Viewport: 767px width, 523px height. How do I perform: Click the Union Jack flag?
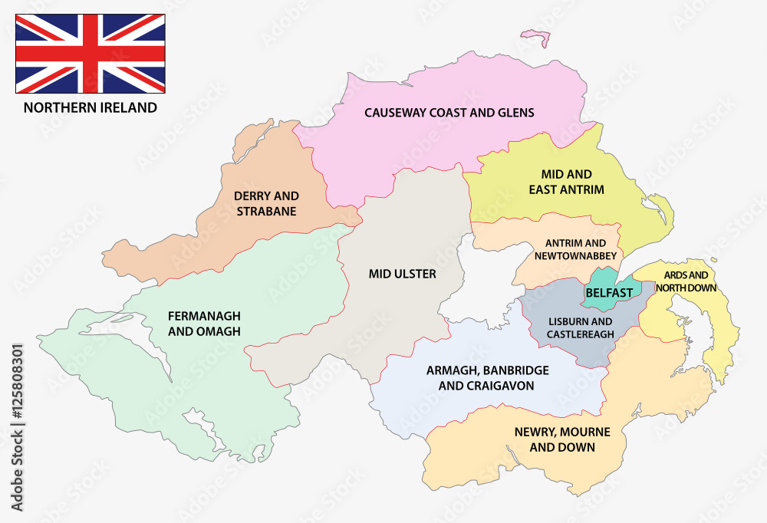coord(91,54)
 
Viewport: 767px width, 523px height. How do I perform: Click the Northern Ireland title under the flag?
coord(91,107)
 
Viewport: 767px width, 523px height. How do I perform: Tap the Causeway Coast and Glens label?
coord(449,113)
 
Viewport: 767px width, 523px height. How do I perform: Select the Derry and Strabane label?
coord(267,204)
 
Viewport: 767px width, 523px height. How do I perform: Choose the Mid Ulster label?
coord(402,274)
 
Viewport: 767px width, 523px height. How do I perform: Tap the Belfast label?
coord(609,293)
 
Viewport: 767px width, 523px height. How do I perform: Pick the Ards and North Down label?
coord(686,281)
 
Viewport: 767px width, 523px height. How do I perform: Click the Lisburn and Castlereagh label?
coord(580,327)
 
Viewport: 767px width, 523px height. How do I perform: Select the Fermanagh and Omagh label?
coord(205,323)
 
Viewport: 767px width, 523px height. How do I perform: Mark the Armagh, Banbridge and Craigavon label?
coord(486,378)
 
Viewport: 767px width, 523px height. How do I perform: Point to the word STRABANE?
coord(267,212)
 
